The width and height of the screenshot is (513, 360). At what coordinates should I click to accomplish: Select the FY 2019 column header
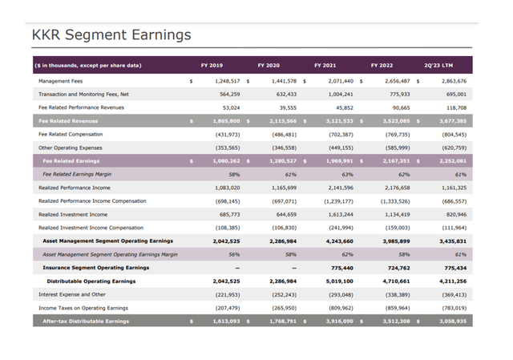[212, 65]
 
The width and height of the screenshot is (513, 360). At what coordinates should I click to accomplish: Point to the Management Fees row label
[66, 81]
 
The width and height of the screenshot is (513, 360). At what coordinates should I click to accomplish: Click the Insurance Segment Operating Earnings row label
[95, 268]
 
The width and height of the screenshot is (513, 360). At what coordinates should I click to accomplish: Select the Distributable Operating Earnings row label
[91, 281]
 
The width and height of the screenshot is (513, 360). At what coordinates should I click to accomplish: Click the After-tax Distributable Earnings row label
[86, 322]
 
